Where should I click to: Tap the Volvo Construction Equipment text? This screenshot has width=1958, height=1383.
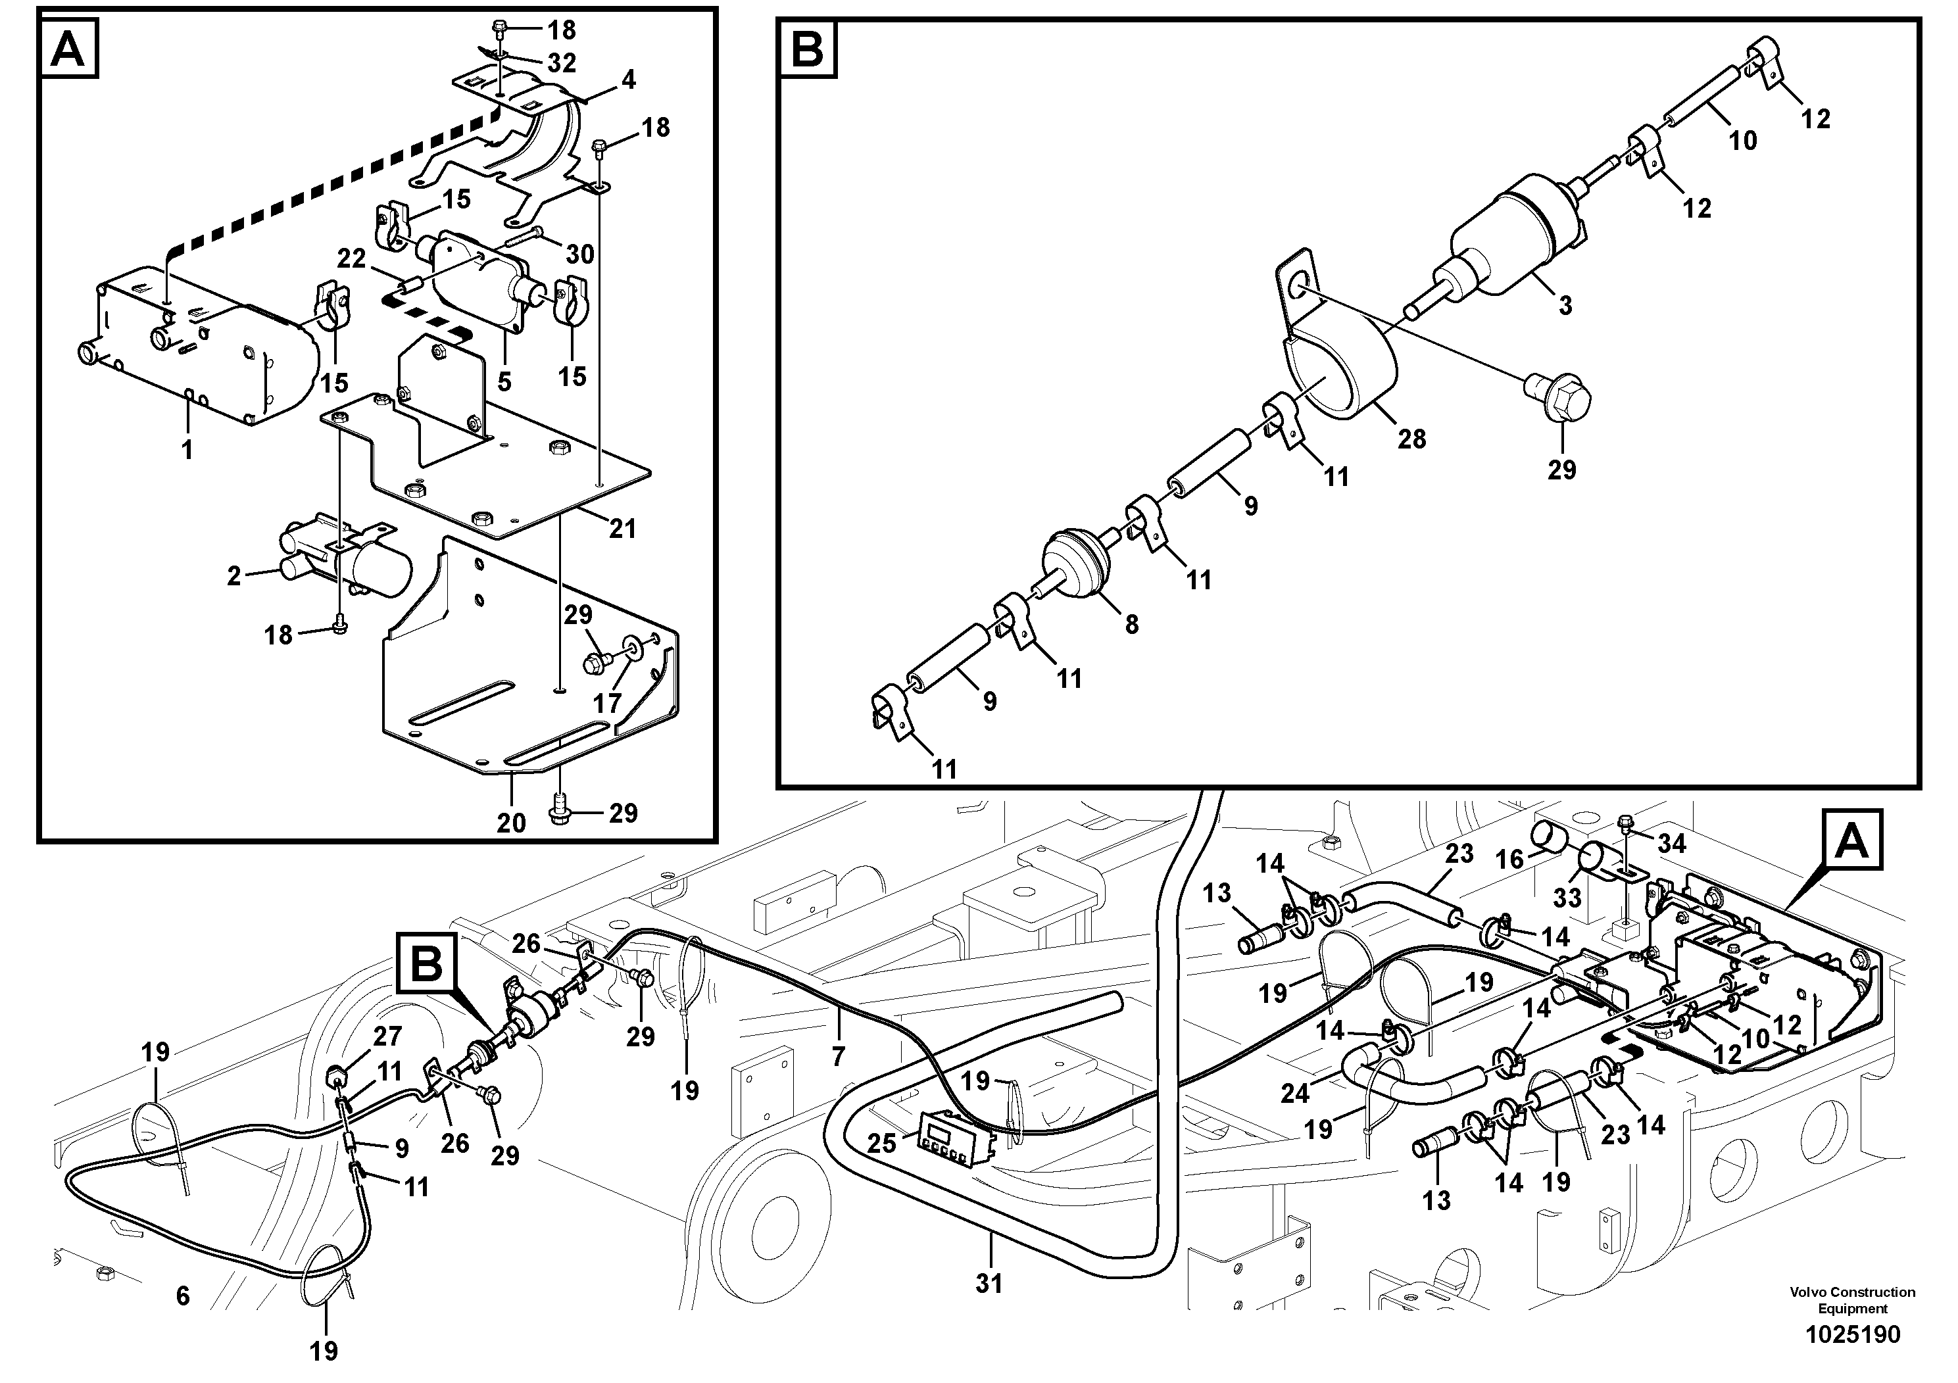(1852, 1300)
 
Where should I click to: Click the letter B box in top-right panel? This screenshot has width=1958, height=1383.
(808, 49)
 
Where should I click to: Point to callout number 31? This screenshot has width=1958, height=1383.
(989, 1283)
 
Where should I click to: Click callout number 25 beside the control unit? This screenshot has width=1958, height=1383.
(882, 1142)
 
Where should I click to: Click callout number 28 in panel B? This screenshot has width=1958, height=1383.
(1411, 439)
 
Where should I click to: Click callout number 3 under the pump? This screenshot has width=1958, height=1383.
(1565, 305)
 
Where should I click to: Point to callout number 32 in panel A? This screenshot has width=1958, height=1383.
(562, 62)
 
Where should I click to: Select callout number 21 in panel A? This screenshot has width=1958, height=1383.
(623, 529)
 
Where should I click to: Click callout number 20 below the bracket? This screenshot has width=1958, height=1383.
(512, 823)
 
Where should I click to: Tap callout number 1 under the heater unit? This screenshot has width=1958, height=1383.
(187, 449)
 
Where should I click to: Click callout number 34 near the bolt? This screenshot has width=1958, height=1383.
(1671, 843)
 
